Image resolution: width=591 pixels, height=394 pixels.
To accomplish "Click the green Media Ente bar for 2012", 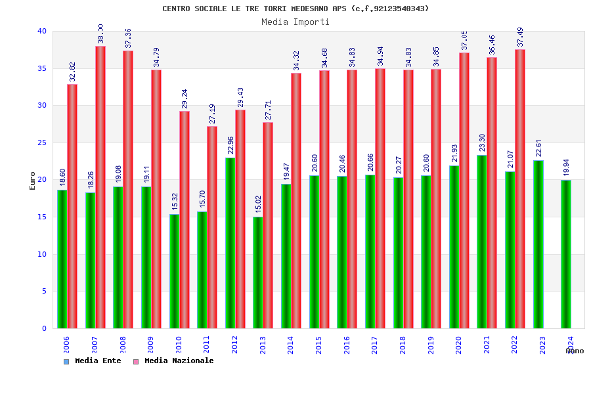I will (x=230, y=243).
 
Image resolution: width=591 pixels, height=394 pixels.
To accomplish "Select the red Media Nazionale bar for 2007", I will (x=100, y=187).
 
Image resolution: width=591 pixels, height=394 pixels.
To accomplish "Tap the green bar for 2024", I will (x=566, y=254).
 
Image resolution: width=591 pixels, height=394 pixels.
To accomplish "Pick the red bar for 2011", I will (x=212, y=227).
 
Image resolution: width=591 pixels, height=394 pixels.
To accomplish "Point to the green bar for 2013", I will (x=258, y=273).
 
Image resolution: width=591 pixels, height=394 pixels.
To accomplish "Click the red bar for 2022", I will (x=520, y=189).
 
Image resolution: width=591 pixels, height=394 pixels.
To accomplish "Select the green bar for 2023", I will (x=538, y=244).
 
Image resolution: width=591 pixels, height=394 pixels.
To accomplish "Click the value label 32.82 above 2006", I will (x=73, y=72).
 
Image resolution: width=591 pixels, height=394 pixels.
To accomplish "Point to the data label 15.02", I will (x=259, y=205).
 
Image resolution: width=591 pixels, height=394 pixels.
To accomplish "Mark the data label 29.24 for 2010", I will (x=185, y=98).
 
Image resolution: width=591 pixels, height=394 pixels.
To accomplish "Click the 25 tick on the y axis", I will (x=42, y=142).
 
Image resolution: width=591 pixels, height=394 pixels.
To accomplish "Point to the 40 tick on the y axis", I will (x=42, y=31).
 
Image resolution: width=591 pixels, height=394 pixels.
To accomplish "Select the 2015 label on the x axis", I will (x=319, y=345).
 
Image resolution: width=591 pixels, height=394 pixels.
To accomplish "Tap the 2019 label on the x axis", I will (x=431, y=345).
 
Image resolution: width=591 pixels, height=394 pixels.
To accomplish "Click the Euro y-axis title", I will (x=33, y=181).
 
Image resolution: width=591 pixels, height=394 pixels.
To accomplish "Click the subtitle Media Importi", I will (x=295, y=22).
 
